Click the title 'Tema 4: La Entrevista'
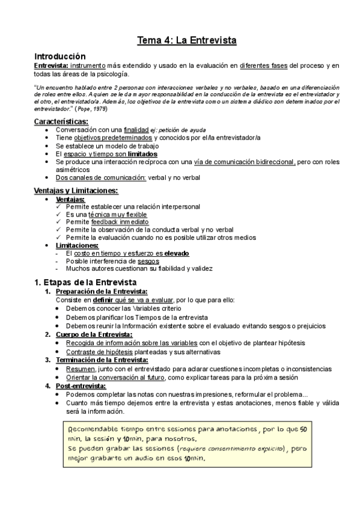click(186, 40)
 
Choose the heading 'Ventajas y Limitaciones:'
click(76, 191)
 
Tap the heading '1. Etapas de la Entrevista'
click(85, 281)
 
